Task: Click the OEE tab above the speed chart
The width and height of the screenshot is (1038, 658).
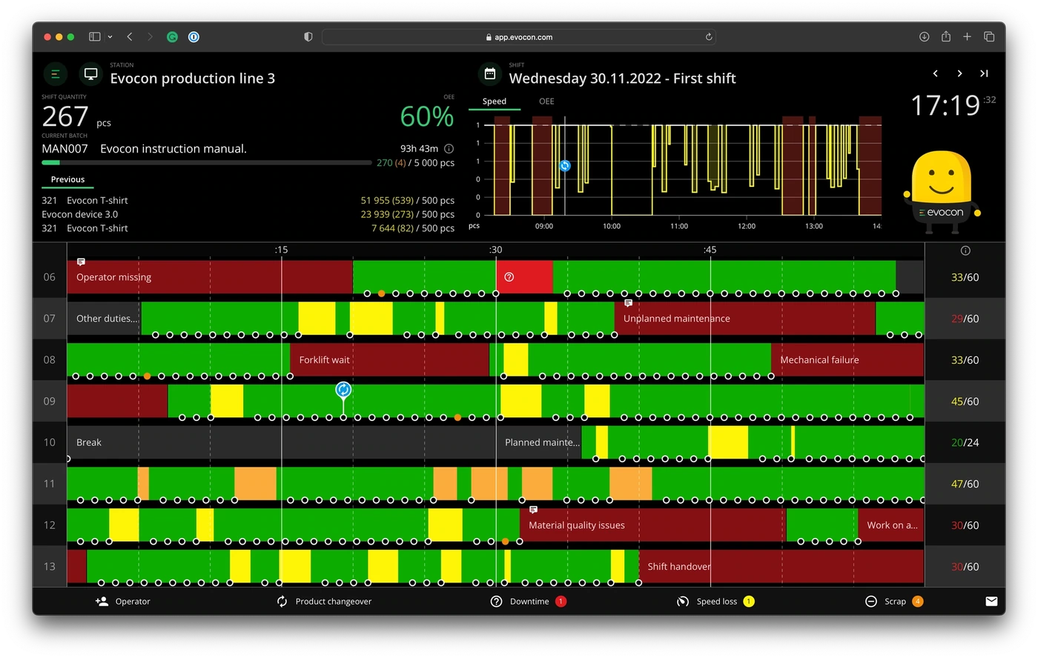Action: (x=546, y=102)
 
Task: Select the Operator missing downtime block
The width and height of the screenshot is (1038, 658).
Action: (x=210, y=277)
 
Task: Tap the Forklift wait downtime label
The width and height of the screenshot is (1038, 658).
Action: (x=324, y=360)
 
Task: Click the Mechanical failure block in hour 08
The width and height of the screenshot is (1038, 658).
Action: (x=847, y=360)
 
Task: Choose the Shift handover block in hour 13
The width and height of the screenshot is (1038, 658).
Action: (x=781, y=566)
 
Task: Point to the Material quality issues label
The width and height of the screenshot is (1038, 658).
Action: (x=577, y=525)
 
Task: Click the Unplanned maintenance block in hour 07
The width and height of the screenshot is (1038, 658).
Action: (x=744, y=319)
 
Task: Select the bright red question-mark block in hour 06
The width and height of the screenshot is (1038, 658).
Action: (x=524, y=277)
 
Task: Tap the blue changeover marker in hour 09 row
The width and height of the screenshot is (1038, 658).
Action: (x=343, y=390)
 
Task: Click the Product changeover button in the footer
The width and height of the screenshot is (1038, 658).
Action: (x=325, y=602)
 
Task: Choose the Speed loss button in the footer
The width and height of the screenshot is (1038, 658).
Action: (x=715, y=602)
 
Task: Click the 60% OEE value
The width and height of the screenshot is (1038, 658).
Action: (x=427, y=116)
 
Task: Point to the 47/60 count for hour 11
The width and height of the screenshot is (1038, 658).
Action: (x=965, y=484)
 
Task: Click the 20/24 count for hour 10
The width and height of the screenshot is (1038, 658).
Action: (x=965, y=442)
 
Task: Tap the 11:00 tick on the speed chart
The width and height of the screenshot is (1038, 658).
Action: (x=679, y=226)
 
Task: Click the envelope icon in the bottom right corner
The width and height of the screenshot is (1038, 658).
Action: (x=991, y=602)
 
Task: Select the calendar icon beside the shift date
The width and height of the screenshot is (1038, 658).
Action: (x=490, y=73)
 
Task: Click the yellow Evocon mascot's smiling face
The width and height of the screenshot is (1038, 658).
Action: (x=941, y=179)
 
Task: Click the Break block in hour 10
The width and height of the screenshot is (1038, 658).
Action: (x=281, y=442)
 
